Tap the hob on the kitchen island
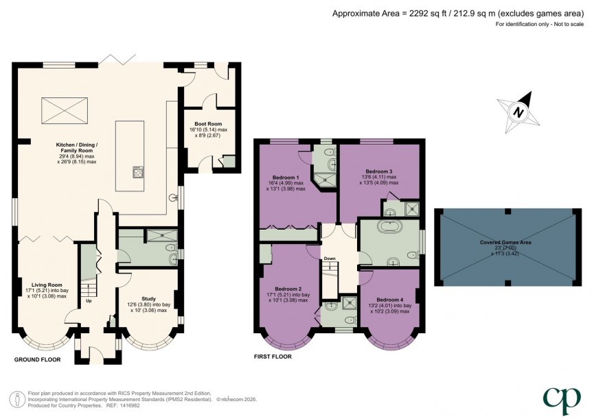[x=137, y=172]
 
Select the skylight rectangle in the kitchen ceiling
[x=66, y=110]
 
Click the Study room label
[x=148, y=298]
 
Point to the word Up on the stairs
[x=89, y=301]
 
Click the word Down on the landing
[x=330, y=259]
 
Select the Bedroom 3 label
[x=378, y=171]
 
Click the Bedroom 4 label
[x=389, y=299]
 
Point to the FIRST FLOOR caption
[x=273, y=357]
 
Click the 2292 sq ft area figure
[x=423, y=12]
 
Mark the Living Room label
[x=46, y=285]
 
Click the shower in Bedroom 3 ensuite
[x=413, y=208]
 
